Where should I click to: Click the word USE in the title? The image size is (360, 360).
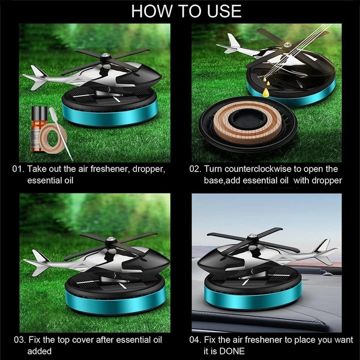coord(224,11)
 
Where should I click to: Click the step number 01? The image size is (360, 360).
coord(18,169)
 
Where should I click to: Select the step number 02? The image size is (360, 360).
coord(195,169)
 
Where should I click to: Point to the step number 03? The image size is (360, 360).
coord(20,340)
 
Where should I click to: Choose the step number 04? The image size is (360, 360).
coord(196,340)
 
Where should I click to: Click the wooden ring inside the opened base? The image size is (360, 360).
coord(247,123)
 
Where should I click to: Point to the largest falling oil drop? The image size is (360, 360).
coord(266,92)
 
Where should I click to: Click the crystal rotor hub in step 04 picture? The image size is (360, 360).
coord(253,235)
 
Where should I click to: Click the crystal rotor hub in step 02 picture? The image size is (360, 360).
coord(287,44)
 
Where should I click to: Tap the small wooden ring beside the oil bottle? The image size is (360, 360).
coord(53,138)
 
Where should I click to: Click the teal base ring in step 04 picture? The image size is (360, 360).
coord(253,298)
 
